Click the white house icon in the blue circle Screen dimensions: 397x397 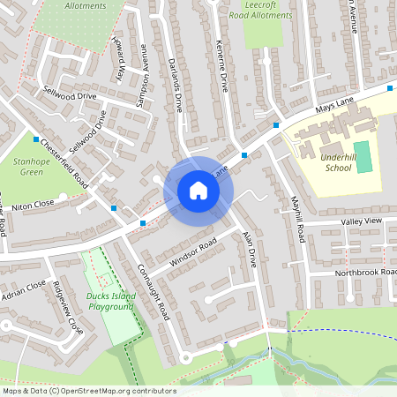(x=198, y=191)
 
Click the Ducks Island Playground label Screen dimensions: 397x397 (x=111, y=301)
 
